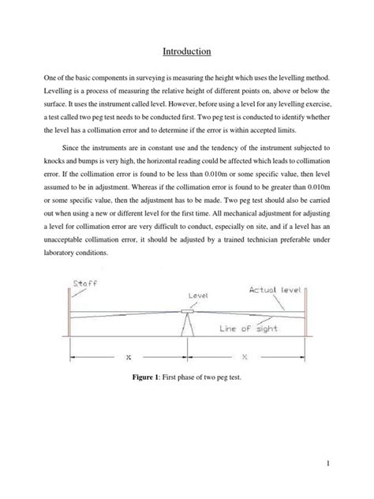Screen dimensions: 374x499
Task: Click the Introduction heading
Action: (186, 51)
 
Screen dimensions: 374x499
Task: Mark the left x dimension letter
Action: (129, 357)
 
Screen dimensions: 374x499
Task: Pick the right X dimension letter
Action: (245, 357)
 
